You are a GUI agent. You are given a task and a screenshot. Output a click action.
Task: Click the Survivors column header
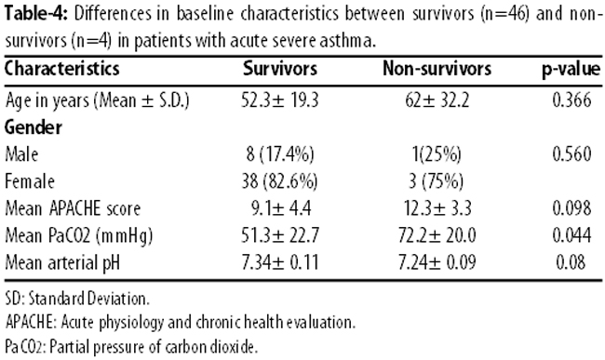click(280, 69)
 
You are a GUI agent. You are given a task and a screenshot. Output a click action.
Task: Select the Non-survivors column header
click(437, 69)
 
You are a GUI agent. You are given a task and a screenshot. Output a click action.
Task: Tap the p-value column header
click(571, 70)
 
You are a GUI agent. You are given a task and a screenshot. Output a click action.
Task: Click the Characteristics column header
click(62, 69)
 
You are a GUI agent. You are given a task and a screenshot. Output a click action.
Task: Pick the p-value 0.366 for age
click(571, 100)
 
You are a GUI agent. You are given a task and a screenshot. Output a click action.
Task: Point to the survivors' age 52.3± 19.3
click(280, 100)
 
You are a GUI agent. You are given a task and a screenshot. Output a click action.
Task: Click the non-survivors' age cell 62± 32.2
click(437, 100)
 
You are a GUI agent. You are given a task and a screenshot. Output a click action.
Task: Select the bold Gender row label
click(34, 127)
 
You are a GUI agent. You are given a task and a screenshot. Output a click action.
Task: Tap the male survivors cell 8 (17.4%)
click(280, 154)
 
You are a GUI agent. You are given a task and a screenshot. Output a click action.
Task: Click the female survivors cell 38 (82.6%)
click(280, 181)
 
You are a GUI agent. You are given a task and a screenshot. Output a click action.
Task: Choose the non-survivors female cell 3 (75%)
click(436, 181)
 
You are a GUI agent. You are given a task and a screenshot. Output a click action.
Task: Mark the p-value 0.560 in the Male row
click(571, 154)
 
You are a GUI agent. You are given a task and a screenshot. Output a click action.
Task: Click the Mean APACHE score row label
click(73, 208)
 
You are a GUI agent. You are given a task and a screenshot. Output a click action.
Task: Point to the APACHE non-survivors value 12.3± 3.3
click(437, 208)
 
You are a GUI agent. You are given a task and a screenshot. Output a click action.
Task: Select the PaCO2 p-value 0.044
click(571, 235)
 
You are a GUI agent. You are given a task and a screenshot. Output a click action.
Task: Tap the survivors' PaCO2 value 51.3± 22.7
click(280, 235)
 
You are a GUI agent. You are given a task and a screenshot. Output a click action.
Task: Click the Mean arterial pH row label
click(62, 263)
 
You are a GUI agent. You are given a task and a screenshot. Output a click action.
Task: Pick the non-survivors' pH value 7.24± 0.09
click(437, 262)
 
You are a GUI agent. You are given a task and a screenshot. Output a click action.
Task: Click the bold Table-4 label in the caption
click(36, 14)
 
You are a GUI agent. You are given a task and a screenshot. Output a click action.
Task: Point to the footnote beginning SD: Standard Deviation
click(77, 299)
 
